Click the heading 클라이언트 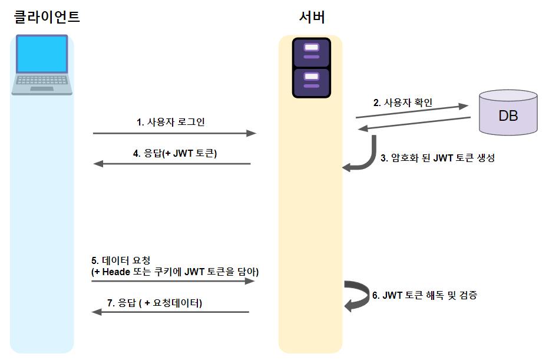47,17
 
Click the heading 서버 312,17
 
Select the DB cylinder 508,113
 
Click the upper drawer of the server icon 312,51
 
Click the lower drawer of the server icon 312,82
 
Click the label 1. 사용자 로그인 170,122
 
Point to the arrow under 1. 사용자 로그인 174,134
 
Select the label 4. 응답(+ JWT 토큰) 175,153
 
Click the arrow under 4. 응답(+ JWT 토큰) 172,164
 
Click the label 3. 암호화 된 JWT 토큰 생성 437,158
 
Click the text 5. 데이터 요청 121,260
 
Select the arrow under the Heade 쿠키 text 173,282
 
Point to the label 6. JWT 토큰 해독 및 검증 424,295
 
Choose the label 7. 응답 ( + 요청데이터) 154,303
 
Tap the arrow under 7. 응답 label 170,312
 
